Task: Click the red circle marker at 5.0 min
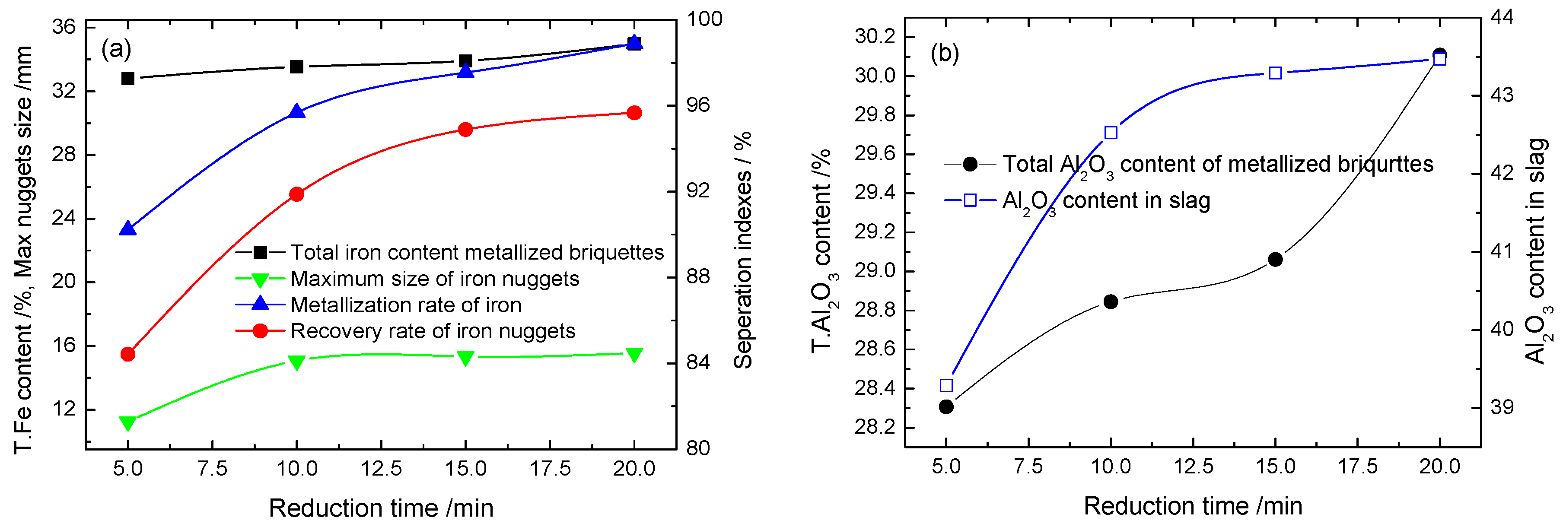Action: [x=127, y=354]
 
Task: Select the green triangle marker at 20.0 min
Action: [x=634, y=355]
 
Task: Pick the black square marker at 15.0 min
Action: [x=465, y=60]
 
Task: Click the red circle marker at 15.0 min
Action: [x=465, y=129]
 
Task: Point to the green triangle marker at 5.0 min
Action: [x=127, y=423]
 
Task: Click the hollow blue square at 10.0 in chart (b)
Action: [x=1111, y=133]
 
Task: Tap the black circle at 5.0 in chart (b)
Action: [x=946, y=407]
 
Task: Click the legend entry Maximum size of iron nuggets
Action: [x=434, y=279]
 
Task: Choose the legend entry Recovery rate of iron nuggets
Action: [x=432, y=331]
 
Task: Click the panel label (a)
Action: [x=116, y=48]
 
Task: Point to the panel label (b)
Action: [x=945, y=54]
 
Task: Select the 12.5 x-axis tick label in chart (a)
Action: [x=381, y=469]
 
